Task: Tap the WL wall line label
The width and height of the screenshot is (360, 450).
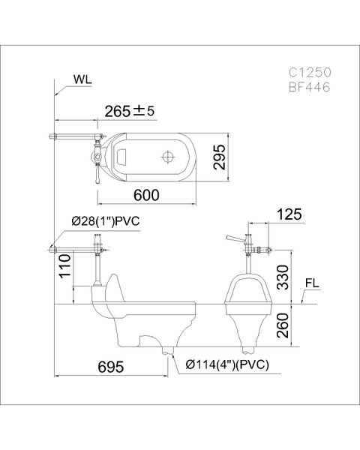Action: coord(84,77)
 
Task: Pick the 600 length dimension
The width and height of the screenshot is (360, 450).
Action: coord(147,194)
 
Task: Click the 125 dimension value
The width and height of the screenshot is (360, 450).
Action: coord(289,215)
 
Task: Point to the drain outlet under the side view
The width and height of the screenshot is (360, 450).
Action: coord(166,350)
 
